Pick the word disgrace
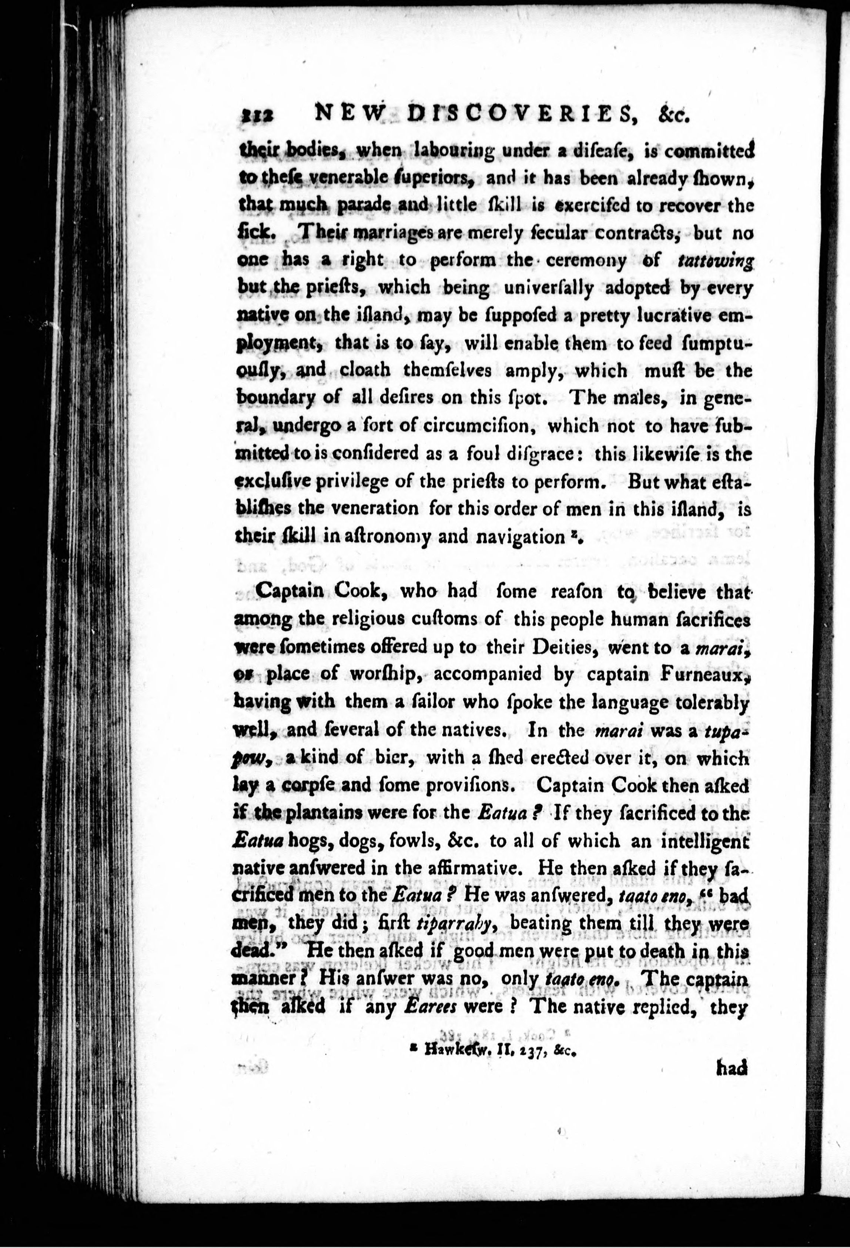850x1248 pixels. (546, 454)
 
